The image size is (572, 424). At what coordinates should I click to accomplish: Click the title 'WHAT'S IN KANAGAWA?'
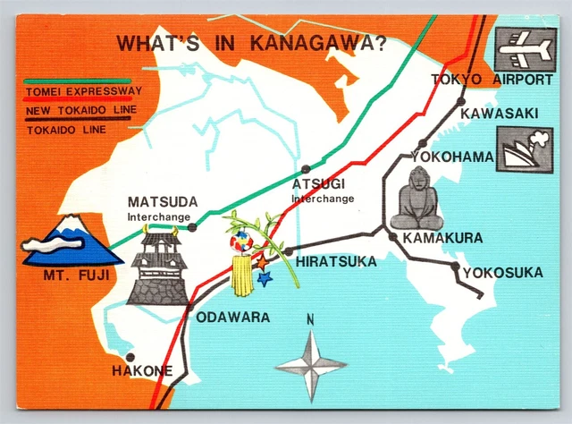click(x=253, y=44)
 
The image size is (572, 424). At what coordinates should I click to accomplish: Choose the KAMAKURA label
click(x=442, y=238)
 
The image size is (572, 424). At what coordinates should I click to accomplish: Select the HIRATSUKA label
click(x=334, y=261)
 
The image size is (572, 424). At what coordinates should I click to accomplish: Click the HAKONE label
click(x=142, y=370)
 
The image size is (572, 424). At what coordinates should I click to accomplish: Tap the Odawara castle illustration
click(x=157, y=265)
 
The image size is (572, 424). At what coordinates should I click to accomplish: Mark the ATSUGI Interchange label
click(x=322, y=190)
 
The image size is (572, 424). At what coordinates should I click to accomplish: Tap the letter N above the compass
click(x=310, y=319)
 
